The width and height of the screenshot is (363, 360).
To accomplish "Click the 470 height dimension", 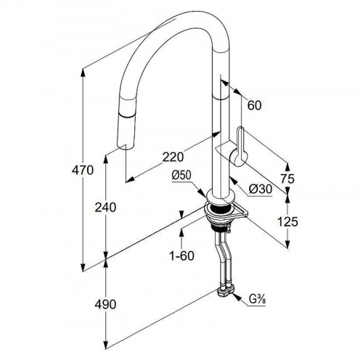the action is [83, 170].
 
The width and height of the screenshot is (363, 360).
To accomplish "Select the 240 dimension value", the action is [105, 208].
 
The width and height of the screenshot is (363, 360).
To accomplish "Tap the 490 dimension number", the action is [105, 304].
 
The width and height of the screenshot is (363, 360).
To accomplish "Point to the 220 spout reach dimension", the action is [173, 157].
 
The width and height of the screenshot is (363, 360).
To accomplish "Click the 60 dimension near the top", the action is [255, 105].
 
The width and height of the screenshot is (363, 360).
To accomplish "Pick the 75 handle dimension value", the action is [287, 179].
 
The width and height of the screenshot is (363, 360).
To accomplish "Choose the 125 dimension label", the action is [287, 221].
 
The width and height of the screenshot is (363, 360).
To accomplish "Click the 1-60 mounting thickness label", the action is [181, 255].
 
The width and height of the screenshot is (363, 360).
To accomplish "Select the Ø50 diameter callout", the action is [181, 175].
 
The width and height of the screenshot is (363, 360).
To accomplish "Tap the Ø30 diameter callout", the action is [261, 189].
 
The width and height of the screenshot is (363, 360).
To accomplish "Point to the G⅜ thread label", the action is [257, 300].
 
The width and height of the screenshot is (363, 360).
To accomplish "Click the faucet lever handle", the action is [241, 147].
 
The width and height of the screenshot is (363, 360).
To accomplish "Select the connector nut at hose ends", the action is [226, 292].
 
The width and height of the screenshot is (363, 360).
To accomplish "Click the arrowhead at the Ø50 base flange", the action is [202, 193].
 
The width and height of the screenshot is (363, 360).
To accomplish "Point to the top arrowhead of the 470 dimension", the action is [83, 73].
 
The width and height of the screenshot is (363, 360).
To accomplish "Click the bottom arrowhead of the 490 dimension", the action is [105, 345].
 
